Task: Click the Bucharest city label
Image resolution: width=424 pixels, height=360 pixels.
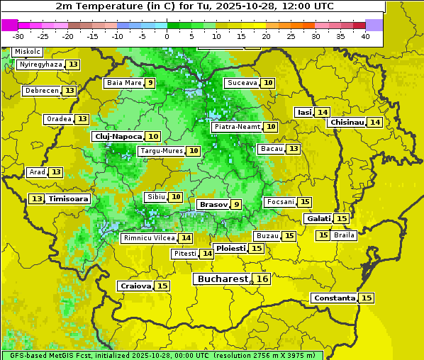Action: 222,279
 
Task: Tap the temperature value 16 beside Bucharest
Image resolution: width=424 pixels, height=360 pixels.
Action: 262,279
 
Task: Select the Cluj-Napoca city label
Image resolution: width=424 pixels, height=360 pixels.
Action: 117,136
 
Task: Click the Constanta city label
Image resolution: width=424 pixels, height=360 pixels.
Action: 333,298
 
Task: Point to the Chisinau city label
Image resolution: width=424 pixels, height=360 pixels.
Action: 347,122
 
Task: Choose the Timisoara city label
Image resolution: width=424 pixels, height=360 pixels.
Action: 68,199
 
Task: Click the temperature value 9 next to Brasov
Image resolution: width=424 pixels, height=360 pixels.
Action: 236,204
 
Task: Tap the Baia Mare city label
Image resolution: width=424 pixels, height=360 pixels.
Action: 123,83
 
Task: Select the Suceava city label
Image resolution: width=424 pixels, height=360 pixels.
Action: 241,83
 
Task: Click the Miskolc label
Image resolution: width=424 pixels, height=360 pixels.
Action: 28,52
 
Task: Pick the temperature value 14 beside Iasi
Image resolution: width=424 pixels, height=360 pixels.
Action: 323,112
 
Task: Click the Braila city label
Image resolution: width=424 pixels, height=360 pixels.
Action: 344,235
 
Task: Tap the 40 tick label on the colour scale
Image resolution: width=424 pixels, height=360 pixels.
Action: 365,36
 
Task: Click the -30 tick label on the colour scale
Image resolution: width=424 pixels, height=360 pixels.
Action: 18,36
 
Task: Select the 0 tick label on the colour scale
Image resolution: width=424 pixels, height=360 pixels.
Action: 167,36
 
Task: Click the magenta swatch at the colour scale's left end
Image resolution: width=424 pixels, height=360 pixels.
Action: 9,25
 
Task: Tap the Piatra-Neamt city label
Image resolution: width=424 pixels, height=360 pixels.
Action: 237,127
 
